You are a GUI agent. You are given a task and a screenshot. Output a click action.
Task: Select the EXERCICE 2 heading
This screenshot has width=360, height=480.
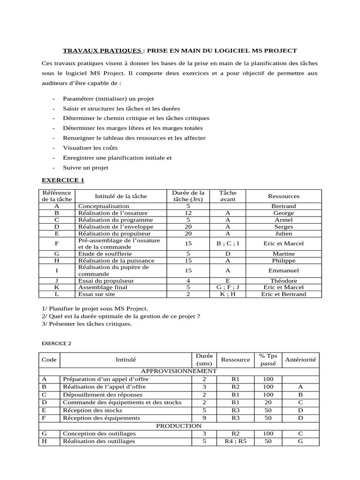pos(57,343)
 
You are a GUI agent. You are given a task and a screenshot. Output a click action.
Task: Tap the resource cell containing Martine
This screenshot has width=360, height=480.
pos(283,254)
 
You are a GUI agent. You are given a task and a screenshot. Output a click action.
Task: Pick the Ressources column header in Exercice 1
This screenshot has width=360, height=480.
pos(283,196)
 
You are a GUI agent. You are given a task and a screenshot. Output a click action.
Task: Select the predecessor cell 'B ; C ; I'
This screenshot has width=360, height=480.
pos(228,243)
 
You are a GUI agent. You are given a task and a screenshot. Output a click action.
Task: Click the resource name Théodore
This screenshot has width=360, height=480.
pos(283,280)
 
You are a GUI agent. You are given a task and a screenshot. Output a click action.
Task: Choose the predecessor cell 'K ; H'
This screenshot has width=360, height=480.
pos(228,294)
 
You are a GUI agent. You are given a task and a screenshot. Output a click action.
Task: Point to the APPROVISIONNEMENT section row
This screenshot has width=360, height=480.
pos(179,371)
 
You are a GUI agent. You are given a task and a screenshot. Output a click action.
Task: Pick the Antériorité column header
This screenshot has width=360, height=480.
pos(300,360)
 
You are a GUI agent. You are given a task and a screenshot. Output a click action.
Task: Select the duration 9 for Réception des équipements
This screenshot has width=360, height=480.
pos(204,418)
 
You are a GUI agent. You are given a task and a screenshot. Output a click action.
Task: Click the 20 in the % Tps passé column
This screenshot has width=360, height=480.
pos(268,402)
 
